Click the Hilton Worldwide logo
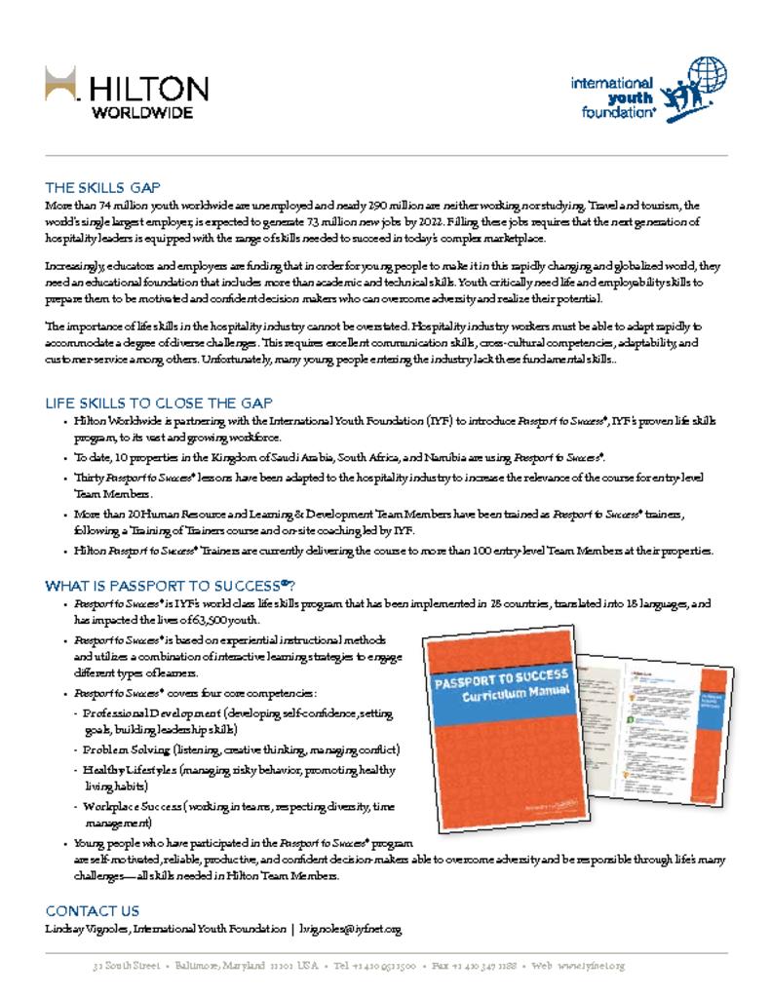[127, 93]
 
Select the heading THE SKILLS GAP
[103, 187]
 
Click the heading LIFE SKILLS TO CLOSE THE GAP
[159, 403]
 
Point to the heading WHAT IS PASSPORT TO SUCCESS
[171, 586]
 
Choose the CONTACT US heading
[93, 910]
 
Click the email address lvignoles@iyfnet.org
[351, 930]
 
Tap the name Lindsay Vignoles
[88, 930]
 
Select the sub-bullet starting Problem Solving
[240, 749]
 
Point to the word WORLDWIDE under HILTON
[142, 112]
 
